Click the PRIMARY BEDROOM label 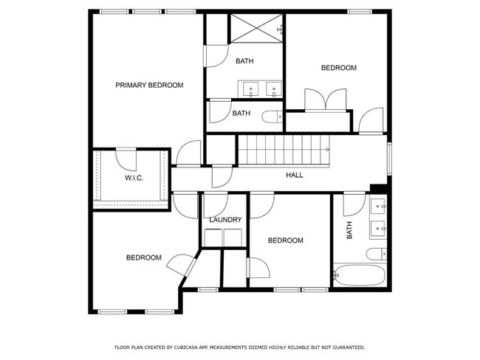pyautogui.click(x=149, y=85)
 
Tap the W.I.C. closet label pyautogui.click(x=134, y=178)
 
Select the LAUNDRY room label pyautogui.click(x=226, y=220)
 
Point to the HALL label pyautogui.click(x=295, y=175)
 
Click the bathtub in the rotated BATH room pyautogui.click(x=360, y=275)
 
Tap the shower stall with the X pyautogui.click(x=256, y=28)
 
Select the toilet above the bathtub pyautogui.click(x=377, y=254)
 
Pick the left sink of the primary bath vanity pyautogui.click(x=251, y=89)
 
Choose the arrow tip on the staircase pyautogui.click(x=329, y=150)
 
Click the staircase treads pyautogui.click(x=284, y=150)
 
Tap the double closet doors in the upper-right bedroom pyautogui.click(x=326, y=100)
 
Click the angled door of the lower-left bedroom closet pyautogui.click(x=181, y=266)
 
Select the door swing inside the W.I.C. pyautogui.click(x=126, y=160)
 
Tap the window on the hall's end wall pyautogui.click(x=389, y=159)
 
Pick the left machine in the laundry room pyautogui.click(x=213, y=238)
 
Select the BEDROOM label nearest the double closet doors pyautogui.click(x=338, y=68)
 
